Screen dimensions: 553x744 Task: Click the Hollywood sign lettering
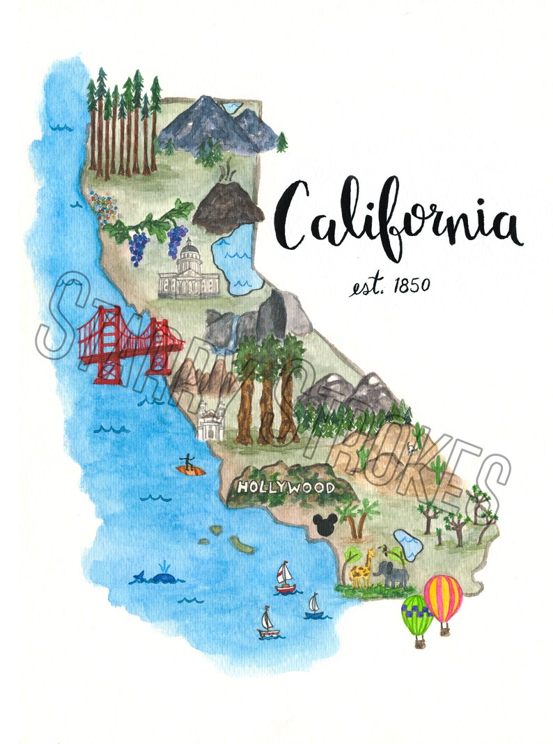[x=286, y=487]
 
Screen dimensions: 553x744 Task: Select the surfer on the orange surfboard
[x=189, y=466]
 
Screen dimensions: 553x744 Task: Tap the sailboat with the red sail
[x=285, y=578]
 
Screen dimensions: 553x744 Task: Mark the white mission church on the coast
[x=210, y=420]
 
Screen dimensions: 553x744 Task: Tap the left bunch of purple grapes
[x=138, y=247]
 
